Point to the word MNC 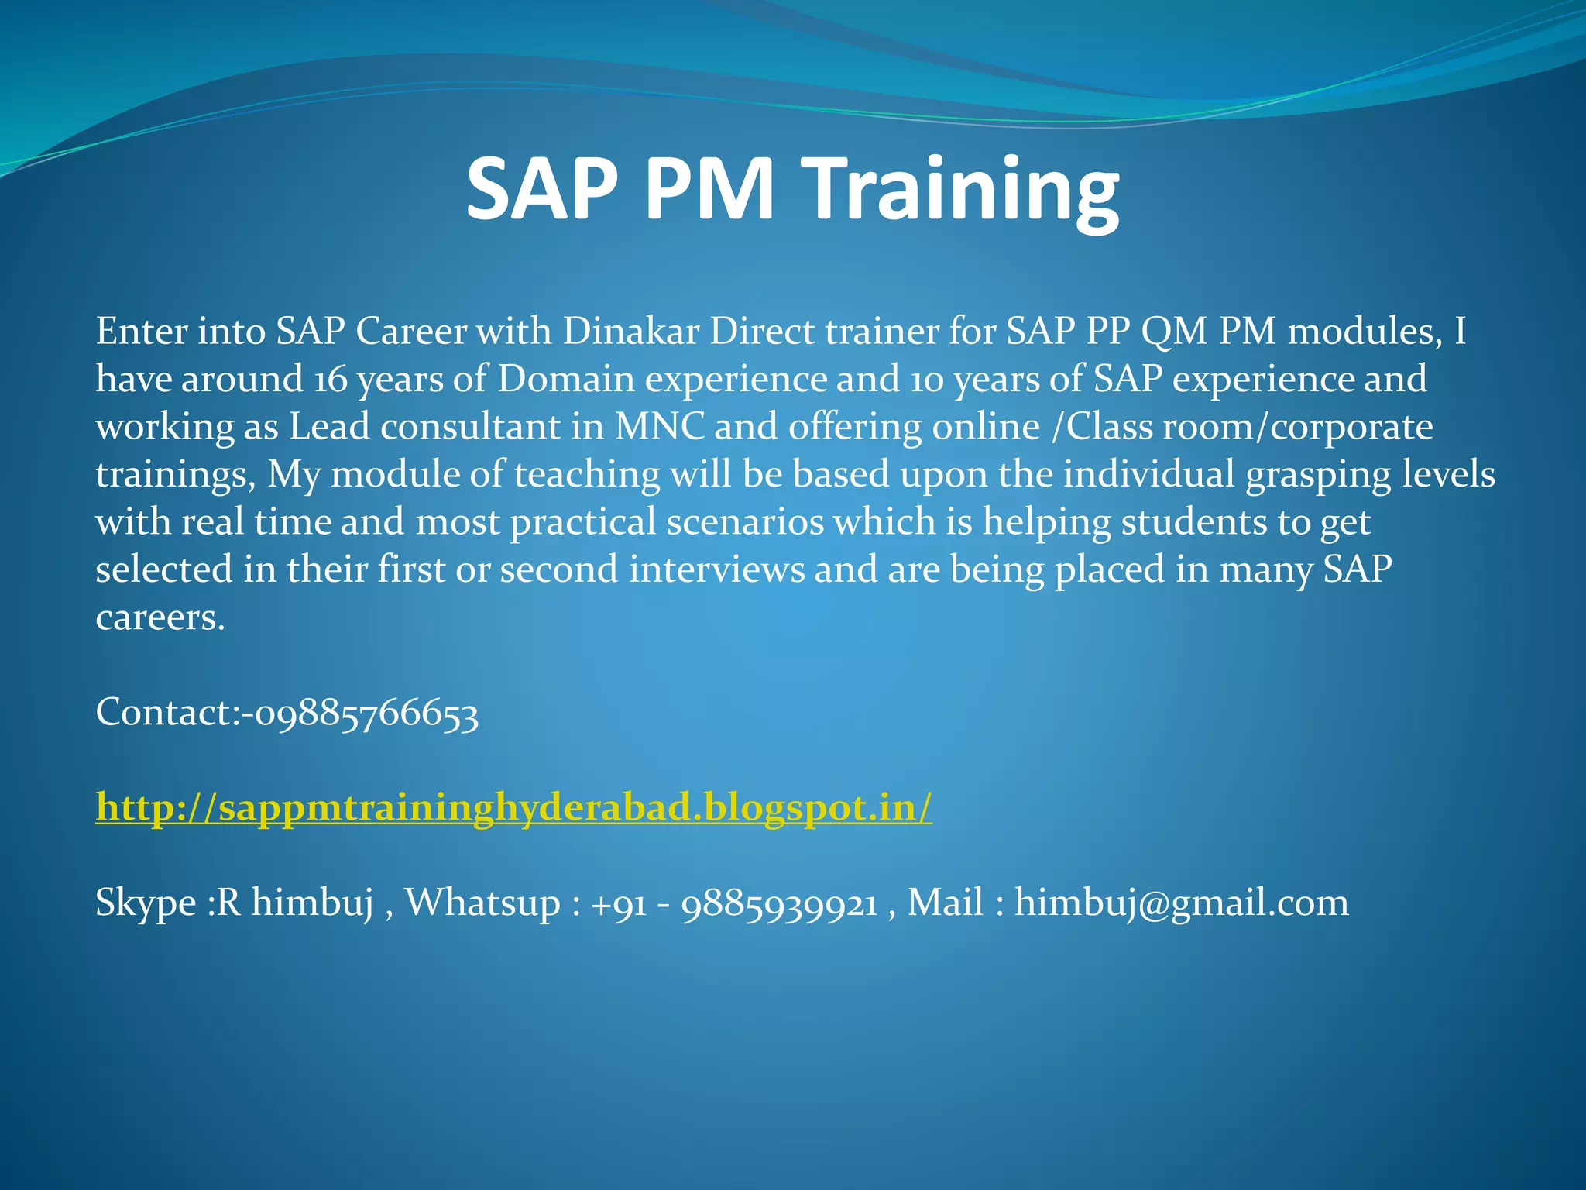pyautogui.click(x=660, y=427)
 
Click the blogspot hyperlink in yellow pyautogui.click(x=513, y=808)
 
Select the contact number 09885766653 pyautogui.click(x=366, y=713)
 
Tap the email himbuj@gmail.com pyautogui.click(x=1181, y=903)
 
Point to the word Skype pyautogui.click(x=146, y=903)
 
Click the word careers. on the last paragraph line pyautogui.click(x=160, y=618)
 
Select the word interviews pyautogui.click(x=716, y=570)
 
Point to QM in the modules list pyautogui.click(x=1174, y=332)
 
